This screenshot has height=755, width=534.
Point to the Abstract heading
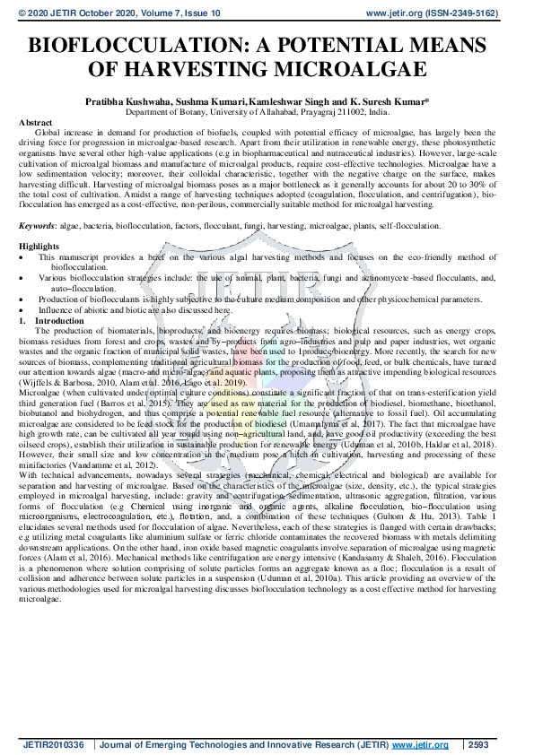pyautogui.click(x=35, y=120)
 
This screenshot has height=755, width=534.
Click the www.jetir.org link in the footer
pyautogui.click(x=421, y=744)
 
